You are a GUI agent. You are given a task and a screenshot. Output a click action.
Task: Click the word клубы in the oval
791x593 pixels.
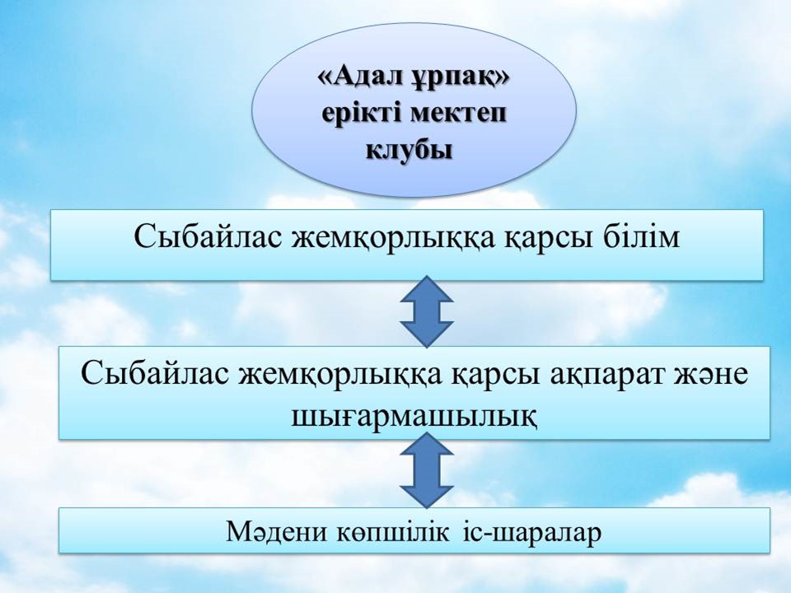pyautogui.click(x=410, y=151)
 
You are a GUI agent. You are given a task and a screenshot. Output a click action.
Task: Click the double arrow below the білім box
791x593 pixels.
pyautogui.click(x=427, y=311)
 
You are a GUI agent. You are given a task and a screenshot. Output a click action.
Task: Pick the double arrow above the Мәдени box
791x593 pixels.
pyautogui.click(x=427, y=470)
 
